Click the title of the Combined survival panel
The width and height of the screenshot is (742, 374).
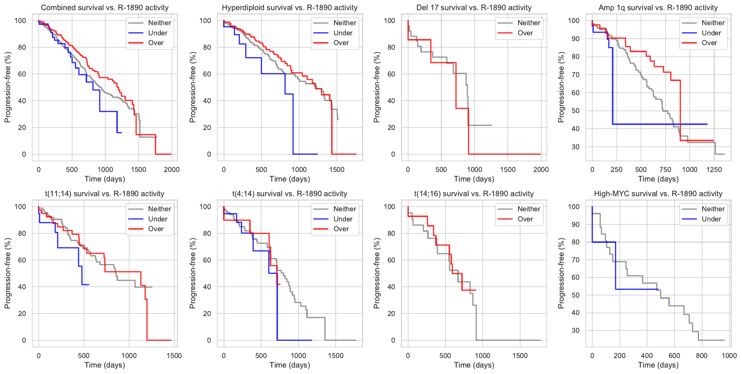[105, 8]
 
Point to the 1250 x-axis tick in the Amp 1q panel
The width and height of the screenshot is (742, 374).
[714, 169]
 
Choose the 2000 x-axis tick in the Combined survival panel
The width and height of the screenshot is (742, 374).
[172, 169]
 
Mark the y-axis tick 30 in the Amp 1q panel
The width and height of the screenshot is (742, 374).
[576, 147]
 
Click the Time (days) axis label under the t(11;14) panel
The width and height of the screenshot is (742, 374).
[105, 365]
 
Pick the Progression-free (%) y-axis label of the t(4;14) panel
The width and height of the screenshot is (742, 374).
[192, 273]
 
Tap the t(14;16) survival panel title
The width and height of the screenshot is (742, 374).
[474, 194]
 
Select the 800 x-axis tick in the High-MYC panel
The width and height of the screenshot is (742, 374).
[701, 356]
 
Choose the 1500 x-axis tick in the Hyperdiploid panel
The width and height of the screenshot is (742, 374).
[337, 169]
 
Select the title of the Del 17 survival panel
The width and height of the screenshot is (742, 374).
[474, 8]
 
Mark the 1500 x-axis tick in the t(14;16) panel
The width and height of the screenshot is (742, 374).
[520, 356]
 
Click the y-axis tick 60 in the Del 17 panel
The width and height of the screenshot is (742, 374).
[391, 74]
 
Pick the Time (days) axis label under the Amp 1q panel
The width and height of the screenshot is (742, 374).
[658, 179]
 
